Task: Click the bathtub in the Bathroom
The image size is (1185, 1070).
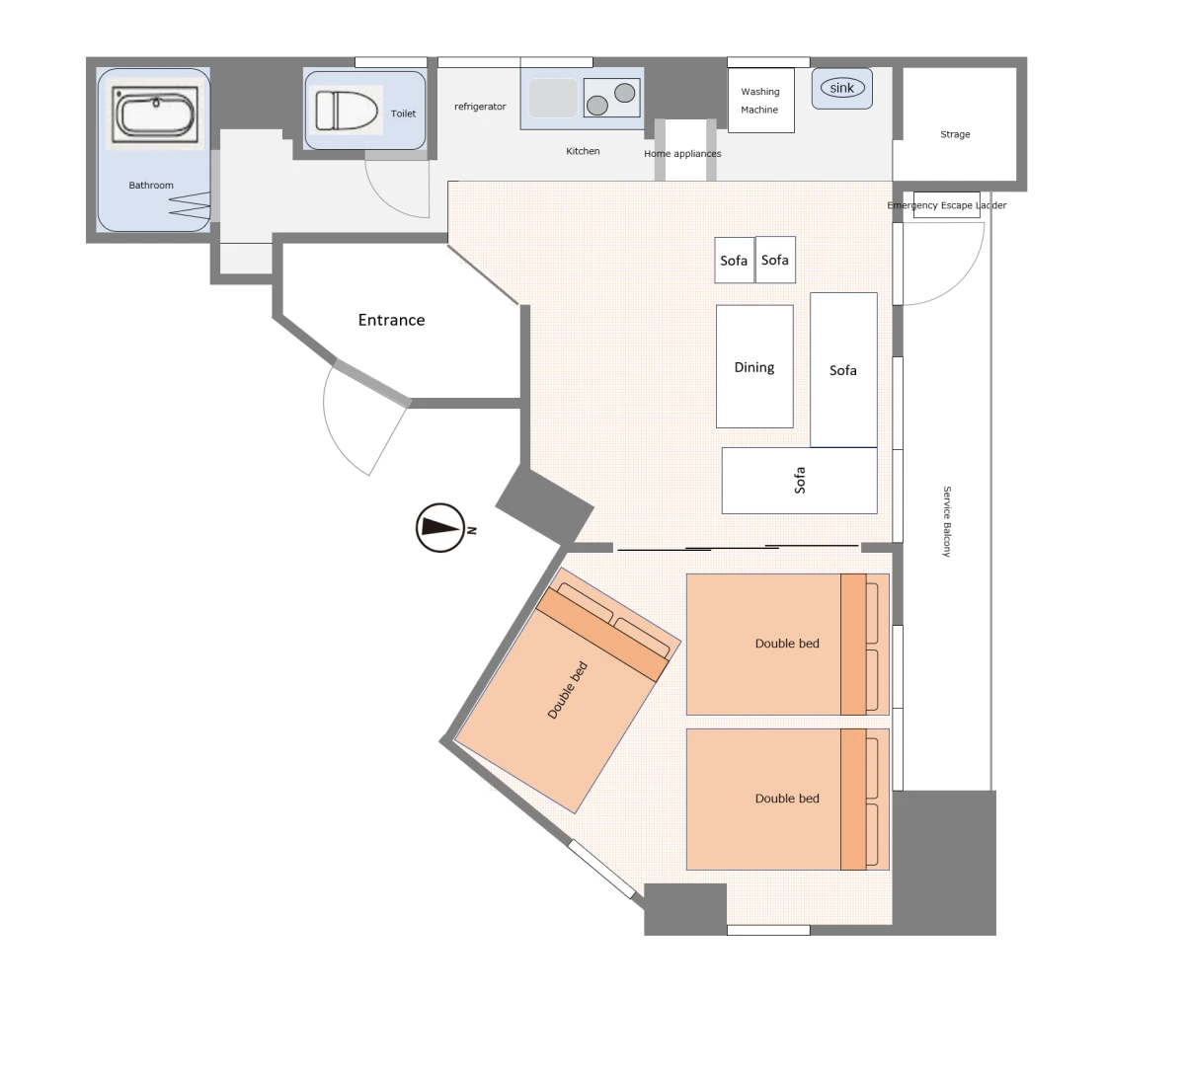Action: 155,114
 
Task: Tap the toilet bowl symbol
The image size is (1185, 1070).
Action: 347,110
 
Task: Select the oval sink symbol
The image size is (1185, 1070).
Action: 842,88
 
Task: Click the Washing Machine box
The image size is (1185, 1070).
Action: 760,101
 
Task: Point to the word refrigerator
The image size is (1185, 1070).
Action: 480,107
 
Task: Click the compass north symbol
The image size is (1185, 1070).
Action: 440,528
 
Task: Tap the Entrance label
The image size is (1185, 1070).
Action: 392,320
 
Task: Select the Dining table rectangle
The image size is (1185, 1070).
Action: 754,366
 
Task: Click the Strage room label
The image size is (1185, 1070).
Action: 955,134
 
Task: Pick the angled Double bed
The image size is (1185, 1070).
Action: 568,690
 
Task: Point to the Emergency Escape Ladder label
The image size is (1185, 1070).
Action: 947,205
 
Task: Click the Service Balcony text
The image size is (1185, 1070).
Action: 947,521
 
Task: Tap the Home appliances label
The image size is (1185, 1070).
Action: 682,154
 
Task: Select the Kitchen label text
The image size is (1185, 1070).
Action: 583,151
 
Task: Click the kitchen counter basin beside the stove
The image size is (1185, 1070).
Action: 553,98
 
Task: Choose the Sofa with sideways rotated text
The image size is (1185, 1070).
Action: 799,480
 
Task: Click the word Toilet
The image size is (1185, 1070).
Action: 403,114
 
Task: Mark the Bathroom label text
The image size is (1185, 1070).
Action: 151,185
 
